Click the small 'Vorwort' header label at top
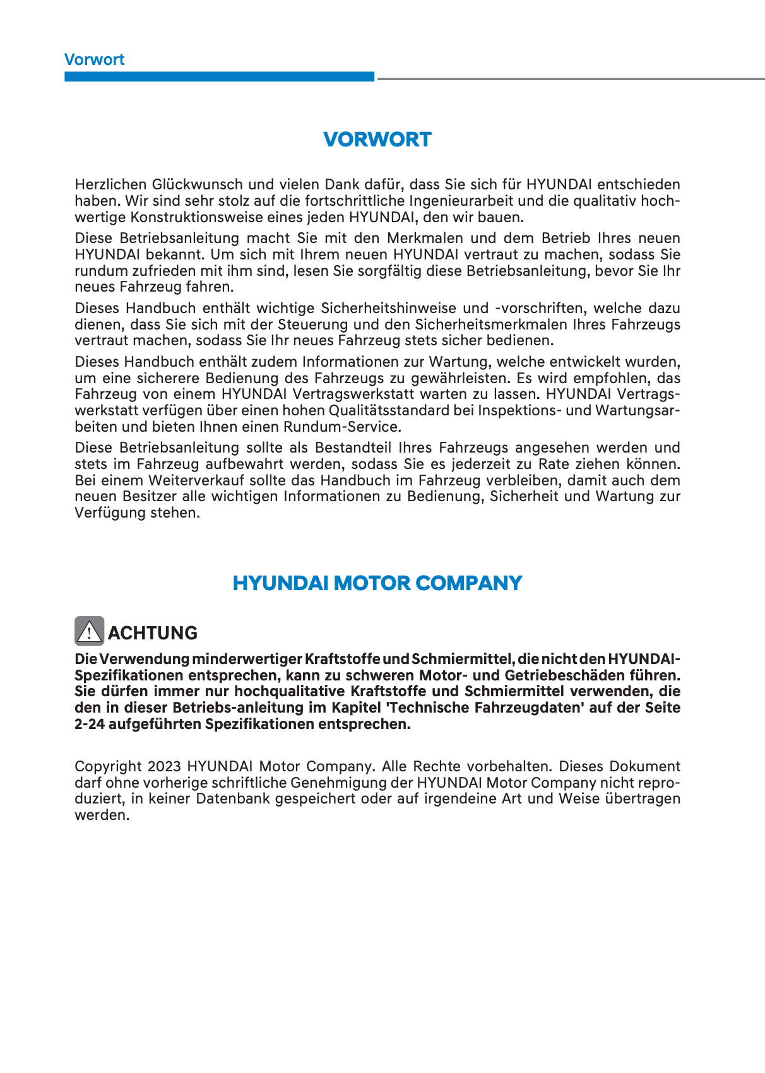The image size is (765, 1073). point(94,60)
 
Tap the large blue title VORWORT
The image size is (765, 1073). point(377,139)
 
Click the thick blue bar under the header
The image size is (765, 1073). point(219,76)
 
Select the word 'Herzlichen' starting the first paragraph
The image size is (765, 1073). point(110,185)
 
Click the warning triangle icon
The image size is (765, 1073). point(90,631)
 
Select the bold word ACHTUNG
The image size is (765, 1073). point(153,633)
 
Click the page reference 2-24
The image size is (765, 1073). point(89,725)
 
